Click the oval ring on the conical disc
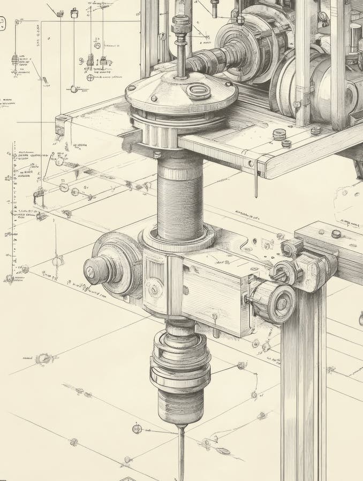198,91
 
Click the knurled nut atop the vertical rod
181,24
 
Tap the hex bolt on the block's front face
154,289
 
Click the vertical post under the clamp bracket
303,385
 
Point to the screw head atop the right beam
336,234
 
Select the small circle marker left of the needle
137,429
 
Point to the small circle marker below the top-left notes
73,89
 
